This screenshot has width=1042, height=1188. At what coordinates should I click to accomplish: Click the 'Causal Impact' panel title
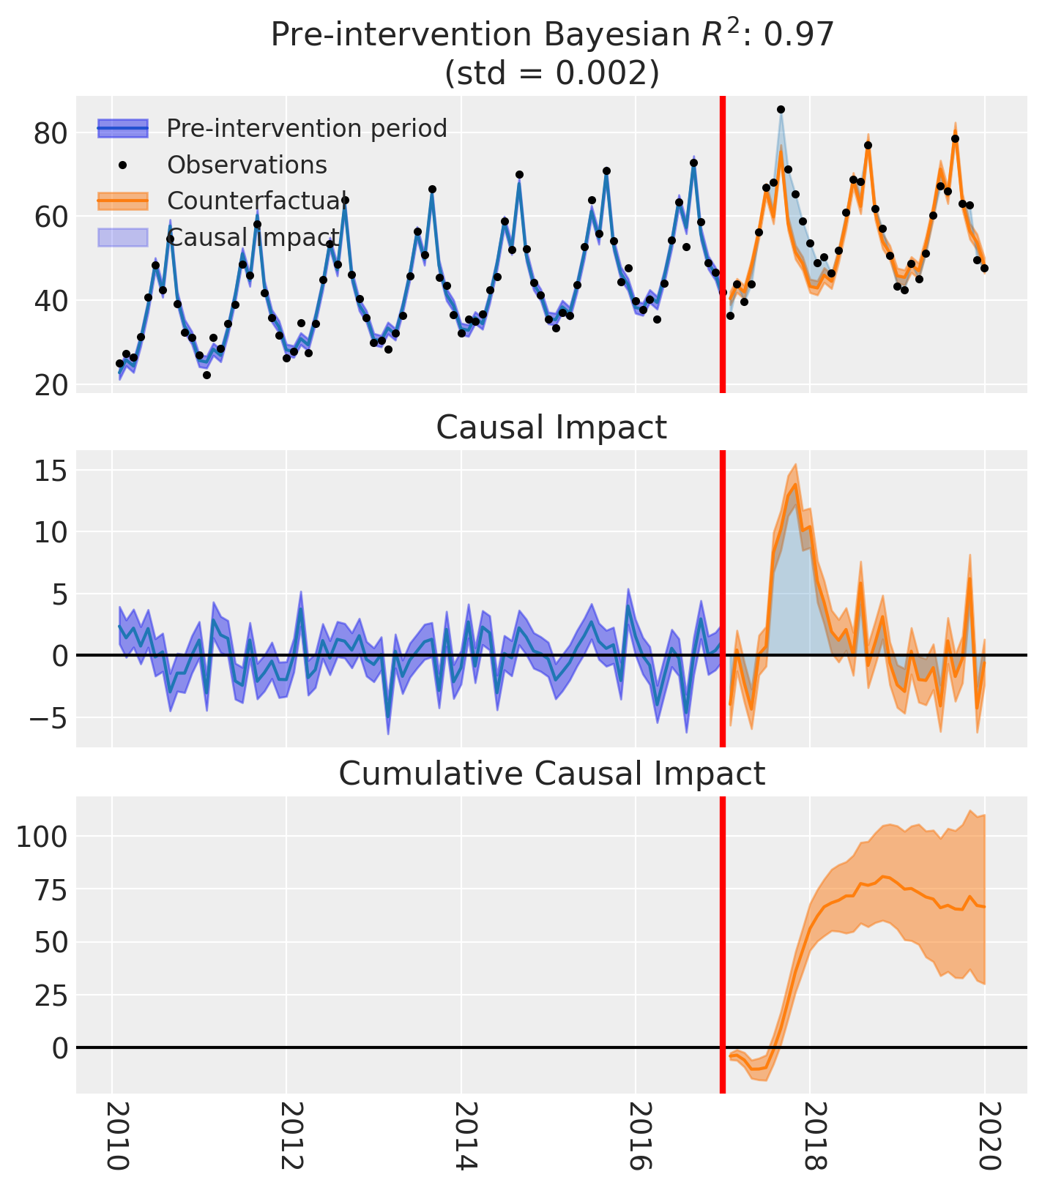pos(551,427)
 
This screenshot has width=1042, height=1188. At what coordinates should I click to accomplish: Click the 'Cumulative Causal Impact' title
pos(551,774)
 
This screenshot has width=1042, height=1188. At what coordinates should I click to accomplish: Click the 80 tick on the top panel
pos(49,133)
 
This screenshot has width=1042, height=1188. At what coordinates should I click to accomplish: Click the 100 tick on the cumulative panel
pos(43,836)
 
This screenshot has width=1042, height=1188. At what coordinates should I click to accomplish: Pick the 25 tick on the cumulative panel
pos(49,995)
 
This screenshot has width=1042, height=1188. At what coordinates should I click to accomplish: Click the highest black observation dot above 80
pos(781,110)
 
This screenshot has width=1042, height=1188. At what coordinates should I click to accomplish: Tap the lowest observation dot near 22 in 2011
pos(206,375)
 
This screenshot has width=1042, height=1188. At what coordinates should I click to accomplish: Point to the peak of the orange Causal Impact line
pos(795,485)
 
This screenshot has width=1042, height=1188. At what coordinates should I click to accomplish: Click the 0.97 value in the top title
pos(805,35)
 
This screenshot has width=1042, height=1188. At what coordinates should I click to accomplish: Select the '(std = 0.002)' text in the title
pos(551,73)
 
